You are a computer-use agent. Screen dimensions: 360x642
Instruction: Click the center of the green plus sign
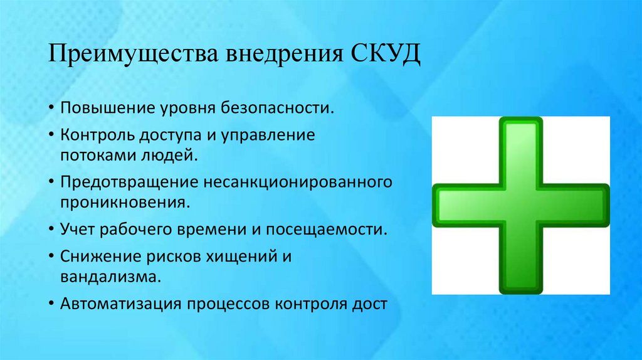coord(520,205)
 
